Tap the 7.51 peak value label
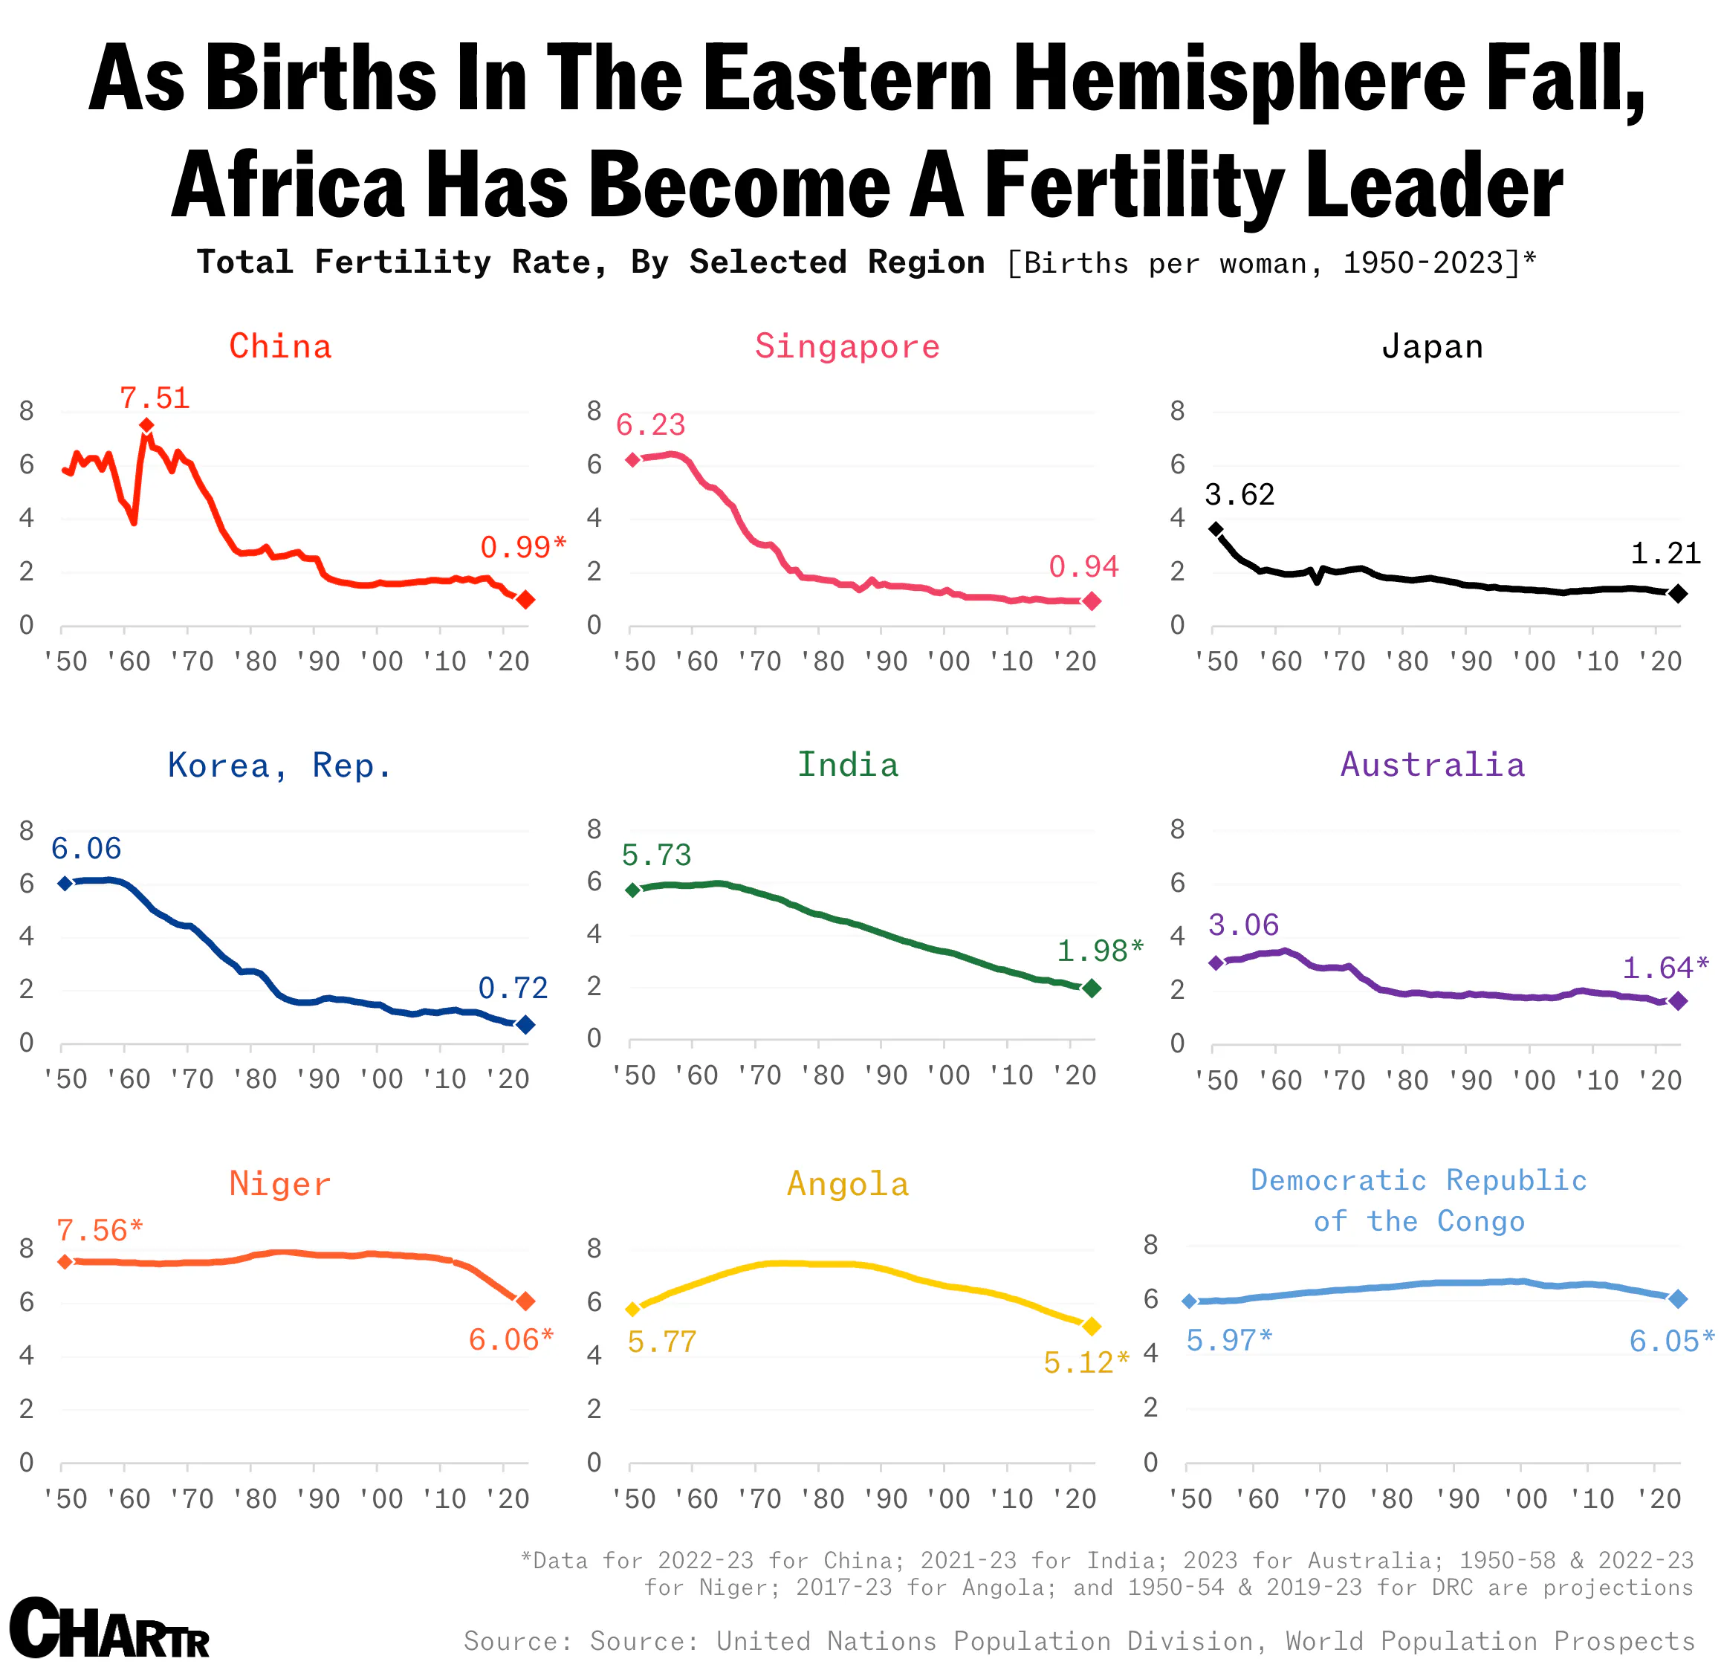click(x=155, y=398)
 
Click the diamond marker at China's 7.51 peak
click(x=147, y=426)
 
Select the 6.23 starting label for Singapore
click(x=650, y=425)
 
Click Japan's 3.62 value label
click(x=1239, y=494)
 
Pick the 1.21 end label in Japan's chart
click(x=1665, y=553)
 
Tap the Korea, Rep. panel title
click(x=279, y=766)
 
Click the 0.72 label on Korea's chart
click(x=513, y=988)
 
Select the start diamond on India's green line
click(x=632, y=890)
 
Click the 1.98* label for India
click(x=1101, y=951)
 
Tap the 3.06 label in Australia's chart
click(x=1243, y=925)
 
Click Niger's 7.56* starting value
click(x=100, y=1231)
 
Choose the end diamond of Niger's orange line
click(x=525, y=1301)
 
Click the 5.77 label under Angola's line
click(x=661, y=1342)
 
